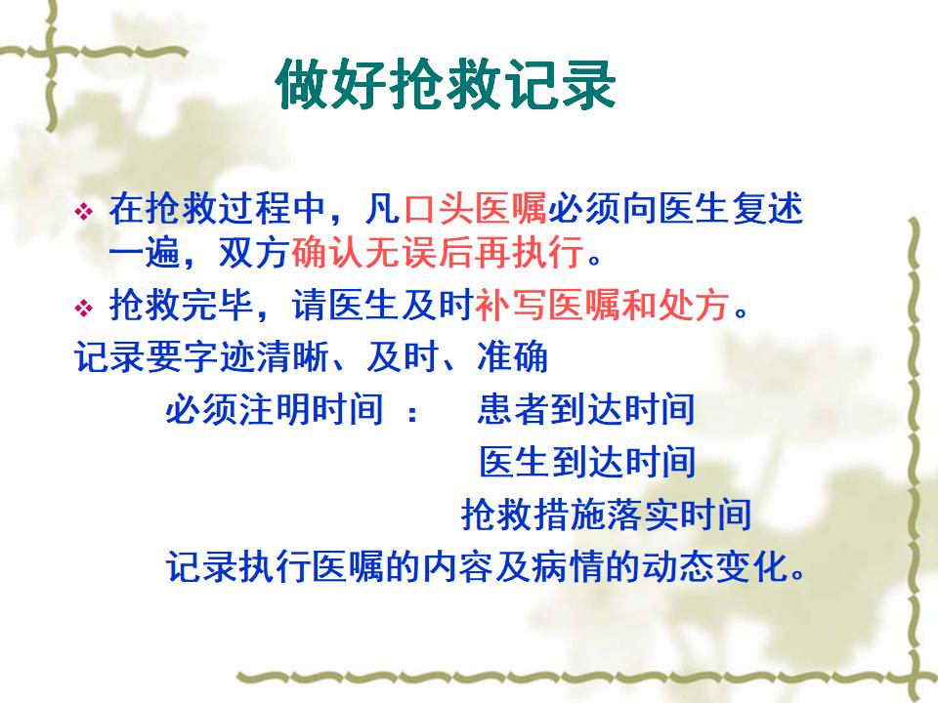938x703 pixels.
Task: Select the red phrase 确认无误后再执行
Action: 438,253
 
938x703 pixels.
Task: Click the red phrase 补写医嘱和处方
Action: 603,305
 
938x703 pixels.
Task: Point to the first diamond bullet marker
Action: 84,211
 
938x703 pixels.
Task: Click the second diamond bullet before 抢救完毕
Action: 84,309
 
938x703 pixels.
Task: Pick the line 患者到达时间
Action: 586,409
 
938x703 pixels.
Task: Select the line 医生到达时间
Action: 587,462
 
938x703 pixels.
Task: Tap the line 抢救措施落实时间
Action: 606,515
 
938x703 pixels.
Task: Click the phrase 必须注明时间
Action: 274,409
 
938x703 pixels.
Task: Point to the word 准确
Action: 513,357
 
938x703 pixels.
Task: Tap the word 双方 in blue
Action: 255,253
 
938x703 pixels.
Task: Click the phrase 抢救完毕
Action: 182,305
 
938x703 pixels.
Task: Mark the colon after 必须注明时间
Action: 411,412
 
